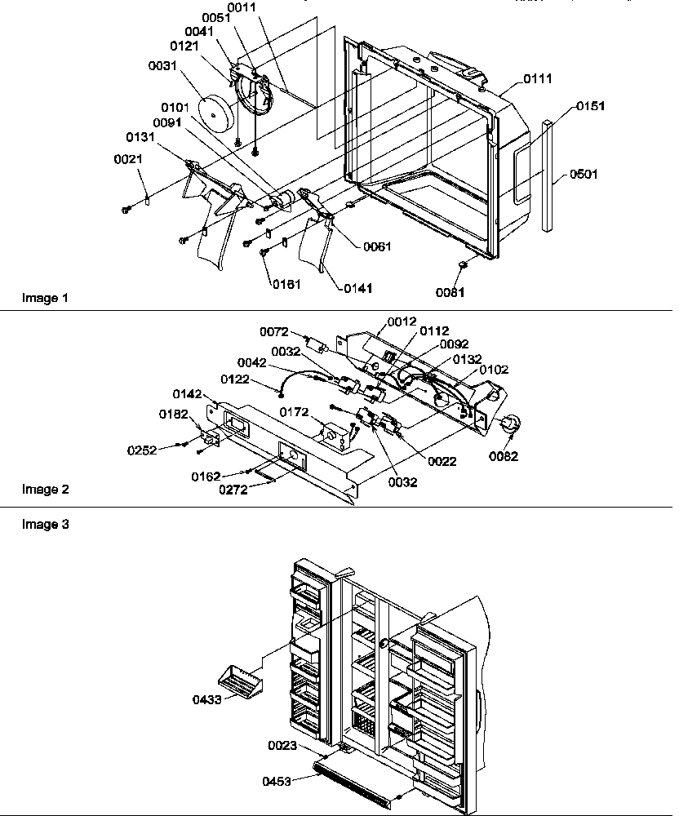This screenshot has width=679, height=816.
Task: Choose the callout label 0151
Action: click(591, 106)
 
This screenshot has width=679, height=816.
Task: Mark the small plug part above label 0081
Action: click(463, 264)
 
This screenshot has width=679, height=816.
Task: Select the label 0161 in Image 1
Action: click(285, 283)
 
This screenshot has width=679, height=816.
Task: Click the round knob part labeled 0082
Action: click(509, 424)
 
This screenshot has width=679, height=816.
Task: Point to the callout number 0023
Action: click(283, 745)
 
